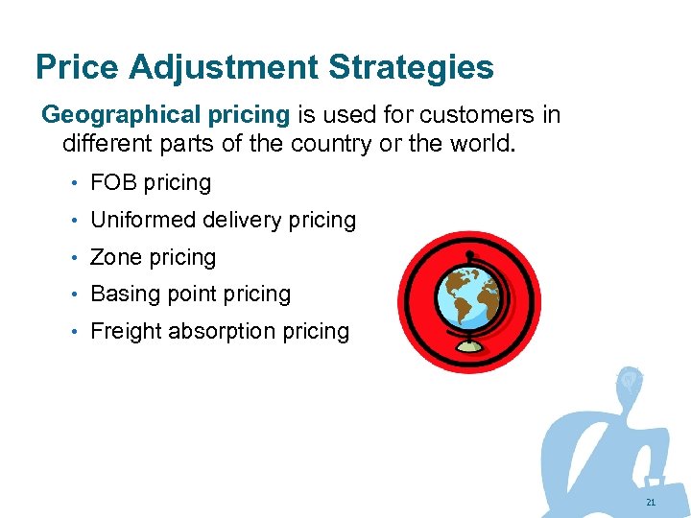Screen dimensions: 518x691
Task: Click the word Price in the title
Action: [77, 67]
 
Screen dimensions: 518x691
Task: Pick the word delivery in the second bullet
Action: [239, 220]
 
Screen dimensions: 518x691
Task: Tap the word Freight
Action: [126, 332]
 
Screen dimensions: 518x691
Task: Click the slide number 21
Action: [651, 503]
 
